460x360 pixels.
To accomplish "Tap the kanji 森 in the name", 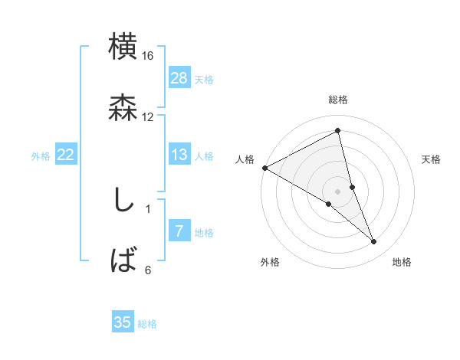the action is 123,108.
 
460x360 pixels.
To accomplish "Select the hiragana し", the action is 123,200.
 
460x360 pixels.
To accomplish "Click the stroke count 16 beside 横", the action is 147,56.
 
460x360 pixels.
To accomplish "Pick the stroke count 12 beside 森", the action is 147,116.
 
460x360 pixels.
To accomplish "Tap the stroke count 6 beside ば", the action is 148,269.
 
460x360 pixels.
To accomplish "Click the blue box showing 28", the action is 179,77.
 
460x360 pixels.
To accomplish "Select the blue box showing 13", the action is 179,155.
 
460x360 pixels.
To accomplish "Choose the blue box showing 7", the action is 179,231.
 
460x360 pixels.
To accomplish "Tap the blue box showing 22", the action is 66,155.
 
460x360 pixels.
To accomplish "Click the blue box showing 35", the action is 123,322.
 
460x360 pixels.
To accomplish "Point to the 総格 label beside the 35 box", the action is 147,324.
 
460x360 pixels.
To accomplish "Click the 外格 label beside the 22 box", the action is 41,156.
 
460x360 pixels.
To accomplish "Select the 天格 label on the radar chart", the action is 432,159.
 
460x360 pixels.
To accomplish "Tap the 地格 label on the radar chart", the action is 402,262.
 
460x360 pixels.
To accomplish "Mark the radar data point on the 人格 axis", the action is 264,167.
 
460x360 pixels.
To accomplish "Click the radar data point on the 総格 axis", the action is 338,131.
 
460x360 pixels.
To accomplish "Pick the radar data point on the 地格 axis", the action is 373,241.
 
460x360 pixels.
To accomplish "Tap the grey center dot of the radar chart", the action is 338,191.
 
